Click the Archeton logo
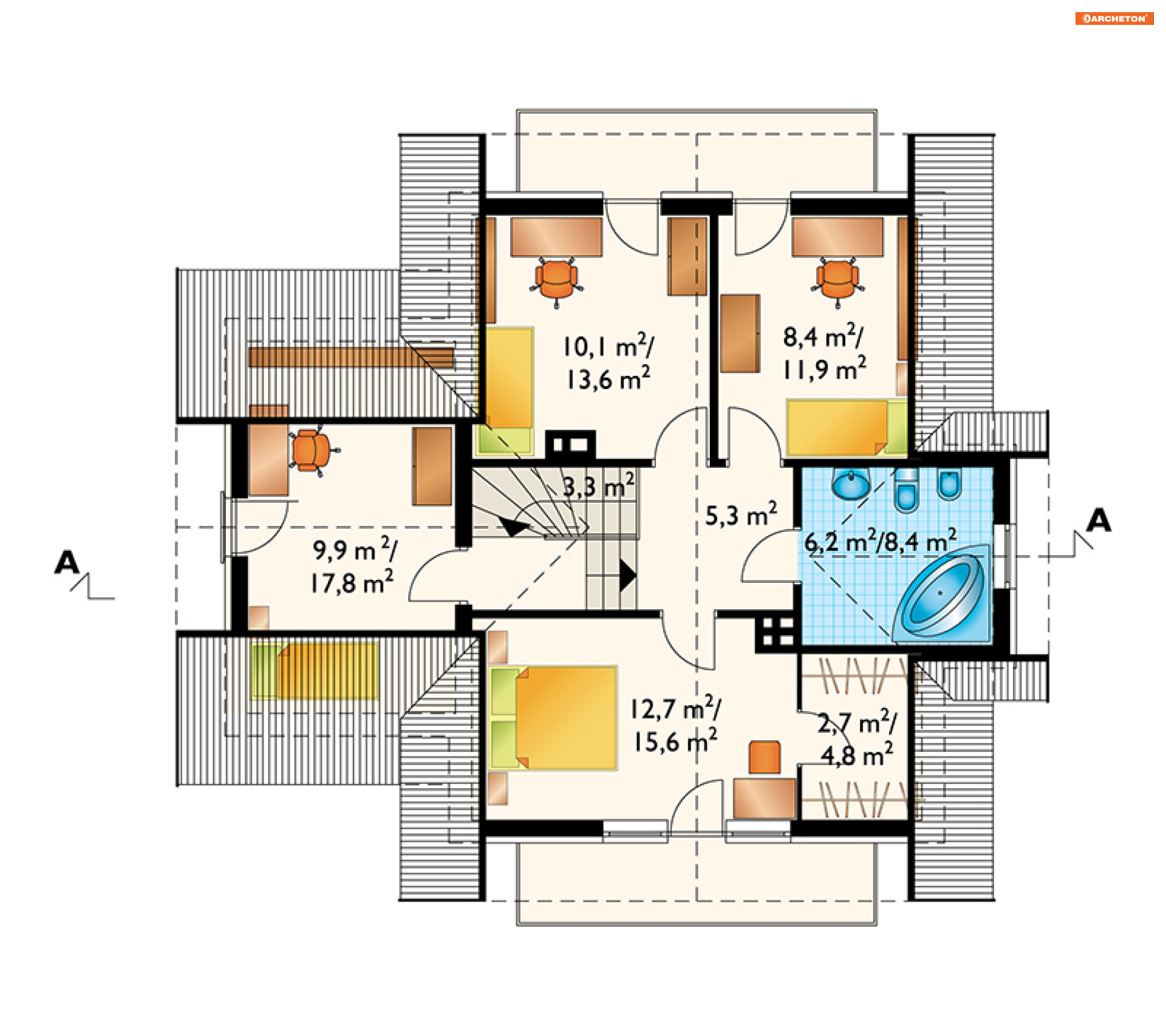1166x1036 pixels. [x=1114, y=18]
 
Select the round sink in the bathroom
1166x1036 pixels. [x=851, y=484]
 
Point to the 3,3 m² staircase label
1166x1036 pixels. [x=599, y=486]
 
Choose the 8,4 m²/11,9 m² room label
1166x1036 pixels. [x=824, y=353]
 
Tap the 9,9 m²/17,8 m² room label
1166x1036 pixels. [x=354, y=565]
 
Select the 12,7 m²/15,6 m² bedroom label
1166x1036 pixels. [x=676, y=724]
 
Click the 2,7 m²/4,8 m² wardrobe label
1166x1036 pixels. [x=857, y=738]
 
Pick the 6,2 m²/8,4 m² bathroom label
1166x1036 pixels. [x=881, y=540]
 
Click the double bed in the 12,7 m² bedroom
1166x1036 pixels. [x=554, y=718]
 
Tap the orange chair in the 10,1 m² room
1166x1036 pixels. [x=556, y=280]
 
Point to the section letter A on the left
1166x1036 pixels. [x=67, y=563]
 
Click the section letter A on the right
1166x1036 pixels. [x=1099, y=520]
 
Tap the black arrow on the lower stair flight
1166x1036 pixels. [x=627, y=574]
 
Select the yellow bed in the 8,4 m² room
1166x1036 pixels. [x=847, y=428]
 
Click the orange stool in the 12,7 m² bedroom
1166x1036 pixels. [x=765, y=757]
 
